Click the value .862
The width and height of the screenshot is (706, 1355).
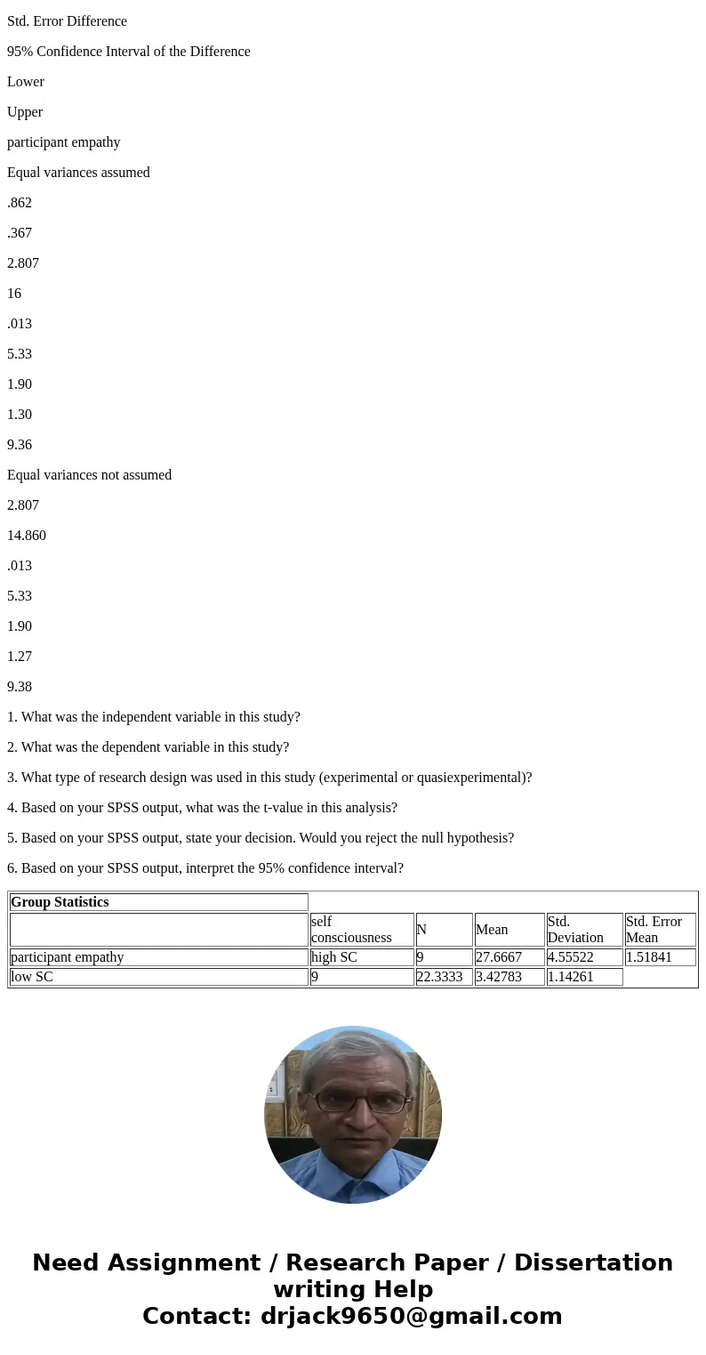pyautogui.click(x=20, y=203)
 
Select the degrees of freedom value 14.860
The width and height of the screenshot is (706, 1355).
pyautogui.click(x=27, y=536)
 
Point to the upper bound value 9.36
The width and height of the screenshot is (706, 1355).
pyautogui.click(x=20, y=445)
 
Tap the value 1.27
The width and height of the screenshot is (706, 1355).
pyautogui.click(x=20, y=657)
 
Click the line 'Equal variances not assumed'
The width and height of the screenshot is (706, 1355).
pyautogui.click(x=89, y=475)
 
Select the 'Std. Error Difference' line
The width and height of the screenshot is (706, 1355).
pyautogui.click(x=67, y=21)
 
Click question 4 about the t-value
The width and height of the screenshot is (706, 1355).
pyautogui.click(x=202, y=808)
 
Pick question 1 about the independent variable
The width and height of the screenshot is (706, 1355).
pyautogui.click(x=154, y=717)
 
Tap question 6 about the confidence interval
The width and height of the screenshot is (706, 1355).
pyautogui.click(x=205, y=868)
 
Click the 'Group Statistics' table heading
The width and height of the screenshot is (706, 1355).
pyautogui.click(x=60, y=902)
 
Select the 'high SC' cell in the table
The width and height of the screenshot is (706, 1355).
pyautogui.click(x=334, y=957)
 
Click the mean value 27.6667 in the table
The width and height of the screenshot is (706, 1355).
pyautogui.click(x=499, y=957)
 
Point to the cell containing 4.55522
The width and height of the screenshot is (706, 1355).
pyautogui.click(x=571, y=957)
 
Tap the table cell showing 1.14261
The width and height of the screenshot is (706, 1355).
pyautogui.click(x=571, y=976)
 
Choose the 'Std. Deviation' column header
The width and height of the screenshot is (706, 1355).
pyautogui.click(x=575, y=930)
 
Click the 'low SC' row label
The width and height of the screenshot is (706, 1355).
pyautogui.click(x=32, y=976)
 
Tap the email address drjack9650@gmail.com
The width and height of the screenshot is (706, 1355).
pyautogui.click(x=412, y=1316)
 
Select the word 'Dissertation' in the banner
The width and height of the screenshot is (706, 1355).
pyautogui.click(x=593, y=1262)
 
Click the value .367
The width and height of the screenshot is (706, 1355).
pyautogui.click(x=20, y=233)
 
